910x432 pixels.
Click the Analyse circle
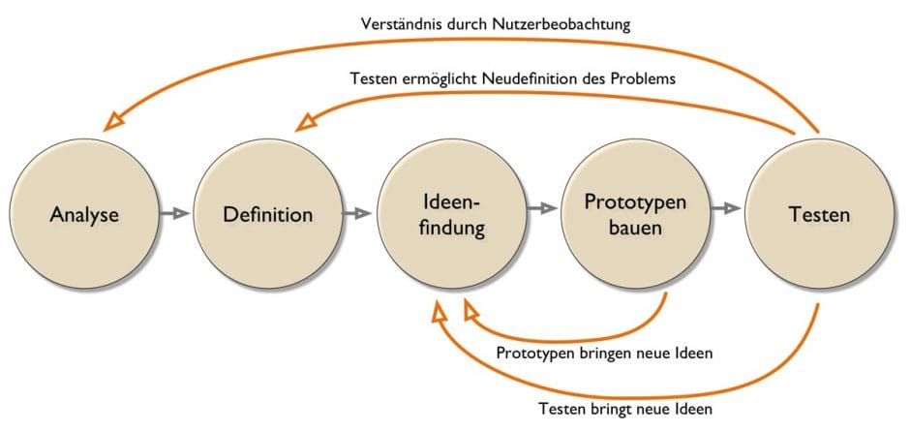point(84,214)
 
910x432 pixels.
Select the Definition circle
point(268,214)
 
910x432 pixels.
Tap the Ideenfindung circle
point(452,214)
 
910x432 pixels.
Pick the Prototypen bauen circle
point(636,214)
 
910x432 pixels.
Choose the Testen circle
point(819,214)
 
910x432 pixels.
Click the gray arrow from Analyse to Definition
point(175,214)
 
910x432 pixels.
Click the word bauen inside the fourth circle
point(636,230)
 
